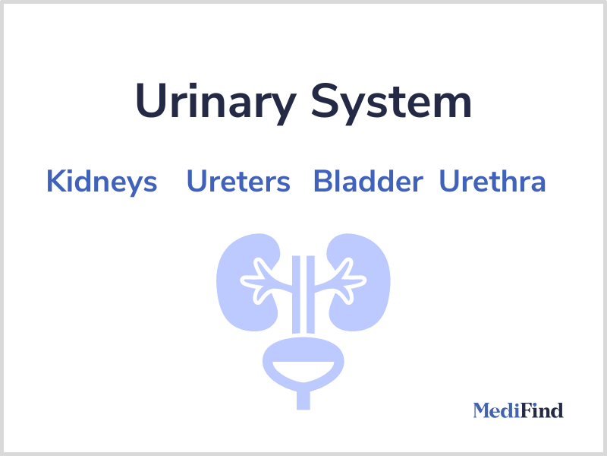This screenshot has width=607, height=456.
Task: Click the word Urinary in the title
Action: click(x=216, y=103)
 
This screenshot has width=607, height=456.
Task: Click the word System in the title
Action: click(x=392, y=103)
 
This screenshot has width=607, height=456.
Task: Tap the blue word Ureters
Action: click(x=238, y=181)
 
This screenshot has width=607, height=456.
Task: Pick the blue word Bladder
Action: click(x=368, y=181)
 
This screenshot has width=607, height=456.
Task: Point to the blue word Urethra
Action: click(x=492, y=180)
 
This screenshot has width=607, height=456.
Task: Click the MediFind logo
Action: click(x=518, y=410)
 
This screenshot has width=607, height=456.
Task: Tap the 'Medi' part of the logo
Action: click(x=497, y=410)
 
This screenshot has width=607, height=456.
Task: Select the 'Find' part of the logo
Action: click(x=542, y=410)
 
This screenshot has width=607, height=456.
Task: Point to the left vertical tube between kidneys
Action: click(x=296, y=295)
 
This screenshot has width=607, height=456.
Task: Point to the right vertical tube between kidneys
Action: click(x=310, y=295)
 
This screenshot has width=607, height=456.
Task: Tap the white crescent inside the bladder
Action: click(x=303, y=370)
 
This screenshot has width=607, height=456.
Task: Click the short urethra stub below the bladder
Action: click(x=303, y=401)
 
